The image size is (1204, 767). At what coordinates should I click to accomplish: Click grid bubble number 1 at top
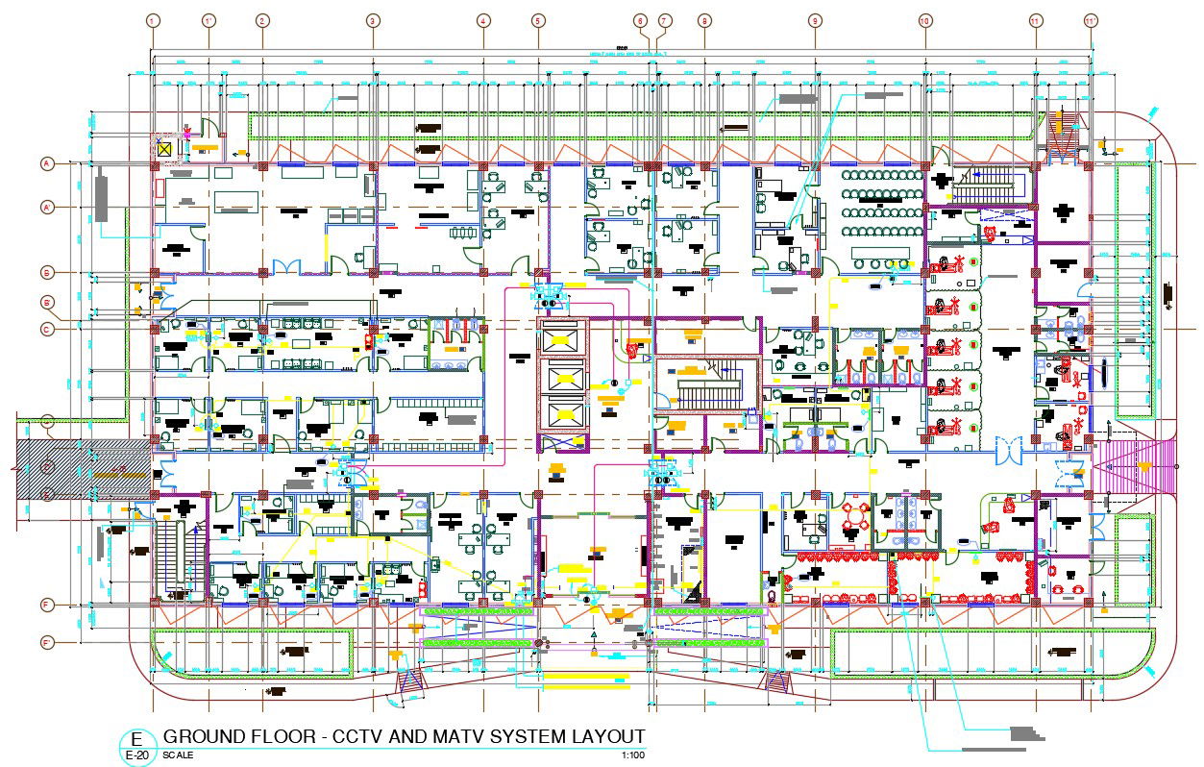coord(153,20)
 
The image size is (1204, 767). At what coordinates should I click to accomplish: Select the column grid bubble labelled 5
coord(537,20)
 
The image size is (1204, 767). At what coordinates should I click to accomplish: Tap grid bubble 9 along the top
coord(815,20)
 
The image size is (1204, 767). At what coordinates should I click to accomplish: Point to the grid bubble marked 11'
coord(1090,20)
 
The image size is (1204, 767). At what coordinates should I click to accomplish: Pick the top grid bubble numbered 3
coord(373,20)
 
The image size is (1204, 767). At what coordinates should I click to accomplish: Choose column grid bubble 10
coord(924,20)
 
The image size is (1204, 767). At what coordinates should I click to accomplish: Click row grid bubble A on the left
coord(46,164)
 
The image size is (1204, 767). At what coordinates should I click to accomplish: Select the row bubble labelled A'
coord(46,207)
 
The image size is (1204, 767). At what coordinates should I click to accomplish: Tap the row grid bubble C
coord(46,329)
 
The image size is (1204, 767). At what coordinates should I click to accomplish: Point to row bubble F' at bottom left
coord(46,642)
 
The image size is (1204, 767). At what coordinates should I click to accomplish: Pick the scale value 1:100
coord(633,755)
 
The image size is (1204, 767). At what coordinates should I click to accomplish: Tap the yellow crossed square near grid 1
coord(165,149)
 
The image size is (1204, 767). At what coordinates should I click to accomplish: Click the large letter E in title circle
coord(137,739)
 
